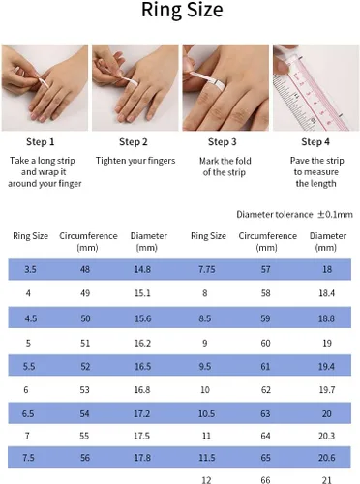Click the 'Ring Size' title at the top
point(182,10)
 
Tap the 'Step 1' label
point(41,142)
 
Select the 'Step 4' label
point(315,142)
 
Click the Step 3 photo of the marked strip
point(225,87)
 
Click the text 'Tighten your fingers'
point(135,161)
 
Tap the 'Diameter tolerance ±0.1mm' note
point(294,215)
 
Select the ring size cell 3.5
point(30,269)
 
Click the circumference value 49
point(85,293)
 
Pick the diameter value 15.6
point(142,318)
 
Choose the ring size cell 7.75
point(207,269)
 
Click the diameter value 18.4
point(327,293)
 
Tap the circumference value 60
point(265,343)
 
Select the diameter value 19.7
point(327,390)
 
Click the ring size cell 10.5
point(206,413)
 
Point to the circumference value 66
point(265,480)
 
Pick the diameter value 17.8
point(142,458)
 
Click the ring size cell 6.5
point(28,413)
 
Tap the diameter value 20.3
point(326,436)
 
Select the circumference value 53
point(84,390)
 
